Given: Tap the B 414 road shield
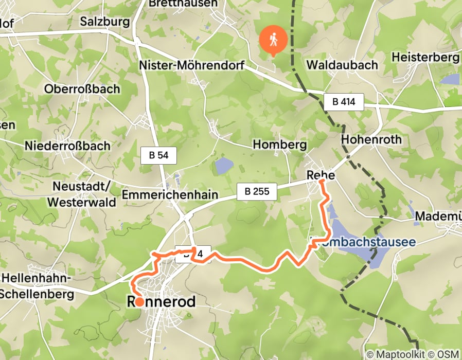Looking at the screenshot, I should [344, 102].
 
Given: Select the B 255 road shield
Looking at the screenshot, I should [257, 192].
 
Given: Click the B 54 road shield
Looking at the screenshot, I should [158, 155].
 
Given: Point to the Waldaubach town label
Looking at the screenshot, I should [342, 65].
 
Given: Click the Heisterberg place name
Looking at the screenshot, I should [424, 57].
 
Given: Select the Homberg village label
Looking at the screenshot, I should [279, 145].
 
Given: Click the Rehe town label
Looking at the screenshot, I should [321, 175].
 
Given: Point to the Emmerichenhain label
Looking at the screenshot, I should [170, 195].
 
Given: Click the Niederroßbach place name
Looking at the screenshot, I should [67, 146].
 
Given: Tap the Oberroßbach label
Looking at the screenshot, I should [82, 88].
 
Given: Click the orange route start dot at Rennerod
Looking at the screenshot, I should [138, 301].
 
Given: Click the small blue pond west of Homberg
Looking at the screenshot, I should [224, 166].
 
